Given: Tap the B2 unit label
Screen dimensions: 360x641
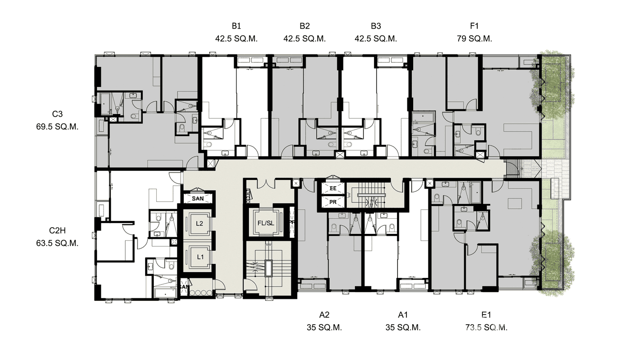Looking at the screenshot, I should tap(305, 26).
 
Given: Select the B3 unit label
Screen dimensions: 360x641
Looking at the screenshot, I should tap(375, 26).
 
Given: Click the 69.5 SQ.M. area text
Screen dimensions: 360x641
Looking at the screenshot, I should tap(57, 127).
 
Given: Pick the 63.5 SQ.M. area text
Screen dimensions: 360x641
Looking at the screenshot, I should tap(57, 243).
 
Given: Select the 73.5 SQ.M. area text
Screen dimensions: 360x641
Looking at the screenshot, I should tap(486, 328).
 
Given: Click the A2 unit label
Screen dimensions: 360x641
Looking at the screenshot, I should tap(324, 315).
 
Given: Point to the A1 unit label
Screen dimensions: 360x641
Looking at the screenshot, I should tap(403, 315).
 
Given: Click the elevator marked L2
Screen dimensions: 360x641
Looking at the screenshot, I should tap(200, 223).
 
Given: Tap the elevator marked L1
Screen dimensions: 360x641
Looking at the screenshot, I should tap(200, 257).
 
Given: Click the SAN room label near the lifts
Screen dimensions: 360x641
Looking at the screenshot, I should tap(198, 198).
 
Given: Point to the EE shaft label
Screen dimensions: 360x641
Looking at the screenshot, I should tap(333, 189).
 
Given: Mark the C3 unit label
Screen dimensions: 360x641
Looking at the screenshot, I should tap(57, 114).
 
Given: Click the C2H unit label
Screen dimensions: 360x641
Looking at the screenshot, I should tap(57, 230).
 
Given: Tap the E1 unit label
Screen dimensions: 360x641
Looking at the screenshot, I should tap(486, 315).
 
